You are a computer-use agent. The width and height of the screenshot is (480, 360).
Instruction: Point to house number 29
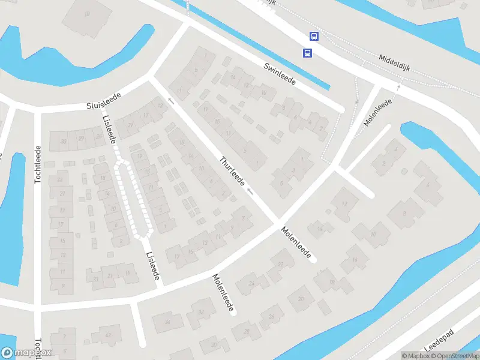click(x=81, y=139)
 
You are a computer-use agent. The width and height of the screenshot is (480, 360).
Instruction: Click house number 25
click(x=98, y=136)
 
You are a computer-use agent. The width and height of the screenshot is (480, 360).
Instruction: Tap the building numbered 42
click(x=108, y=335)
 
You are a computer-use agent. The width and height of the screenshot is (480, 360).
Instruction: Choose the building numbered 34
click(x=167, y=322)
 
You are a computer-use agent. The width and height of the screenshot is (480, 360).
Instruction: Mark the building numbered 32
click(x=201, y=311)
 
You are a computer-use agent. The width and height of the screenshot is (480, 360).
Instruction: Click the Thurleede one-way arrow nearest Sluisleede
click(x=171, y=101)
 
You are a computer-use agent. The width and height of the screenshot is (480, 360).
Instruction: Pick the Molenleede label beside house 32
click(x=222, y=292)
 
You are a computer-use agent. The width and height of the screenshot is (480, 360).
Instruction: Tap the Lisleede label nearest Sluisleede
click(x=109, y=129)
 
